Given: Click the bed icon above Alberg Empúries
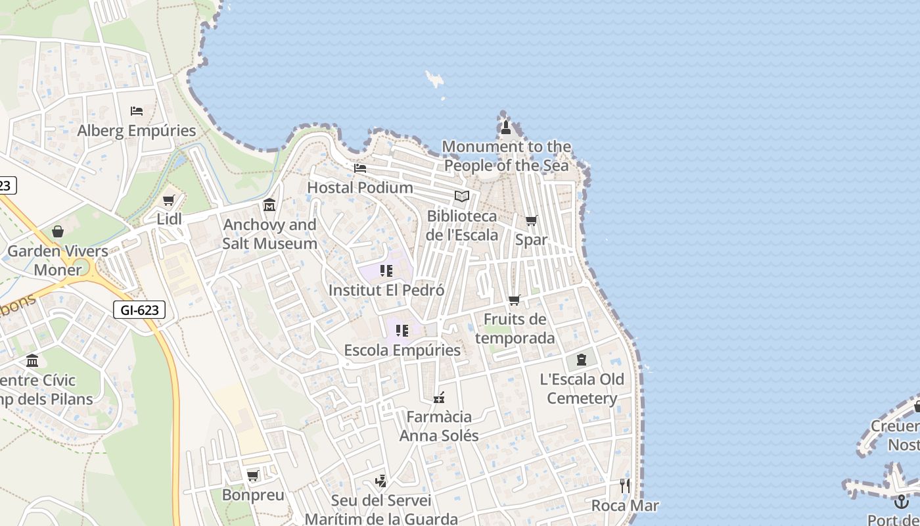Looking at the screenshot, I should pos(137,111).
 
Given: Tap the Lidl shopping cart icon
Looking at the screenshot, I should pos(169,200).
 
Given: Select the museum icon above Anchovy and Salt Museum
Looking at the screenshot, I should pos(269,206).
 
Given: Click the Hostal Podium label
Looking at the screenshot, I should pos(360,187).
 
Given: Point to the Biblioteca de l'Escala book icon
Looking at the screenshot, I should pos(462,197).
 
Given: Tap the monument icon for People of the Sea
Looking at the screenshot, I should pos(506,128).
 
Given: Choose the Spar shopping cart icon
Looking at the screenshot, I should pos(531,221).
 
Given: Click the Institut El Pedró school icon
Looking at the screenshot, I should pos(386,271).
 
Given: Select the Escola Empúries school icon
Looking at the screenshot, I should pos(402,331).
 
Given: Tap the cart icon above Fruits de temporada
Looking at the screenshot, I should pos(515,300).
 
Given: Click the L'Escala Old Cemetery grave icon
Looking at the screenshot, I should pos(582,360).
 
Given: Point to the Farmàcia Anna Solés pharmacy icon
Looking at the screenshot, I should pos(439,398).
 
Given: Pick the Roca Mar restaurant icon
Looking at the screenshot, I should pos(625,486).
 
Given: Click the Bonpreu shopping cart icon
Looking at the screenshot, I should pos(252,475).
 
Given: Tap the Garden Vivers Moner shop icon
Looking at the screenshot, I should pos(58,231).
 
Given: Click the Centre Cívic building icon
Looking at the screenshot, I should pos(32,361).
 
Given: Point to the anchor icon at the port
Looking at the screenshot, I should pos(901,502).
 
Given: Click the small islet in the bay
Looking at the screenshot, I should pos(434,80).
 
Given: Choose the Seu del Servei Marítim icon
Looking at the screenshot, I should pos(380,481).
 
